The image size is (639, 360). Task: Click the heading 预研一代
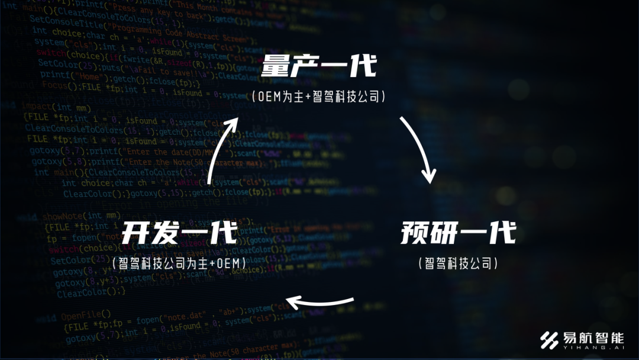(458, 233)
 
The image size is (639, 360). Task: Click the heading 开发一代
(179, 233)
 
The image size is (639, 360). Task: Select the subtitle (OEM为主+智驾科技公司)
(319, 97)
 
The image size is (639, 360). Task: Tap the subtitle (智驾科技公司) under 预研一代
(458, 263)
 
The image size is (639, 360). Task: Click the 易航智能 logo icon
(550, 340)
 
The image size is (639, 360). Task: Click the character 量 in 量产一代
(275, 66)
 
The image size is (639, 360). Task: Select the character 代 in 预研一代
(501, 233)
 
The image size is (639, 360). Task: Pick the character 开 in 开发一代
(135, 233)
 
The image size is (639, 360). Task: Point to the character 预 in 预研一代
(414, 233)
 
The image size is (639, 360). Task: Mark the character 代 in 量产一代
(362, 66)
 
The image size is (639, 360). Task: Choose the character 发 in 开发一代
(164, 233)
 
